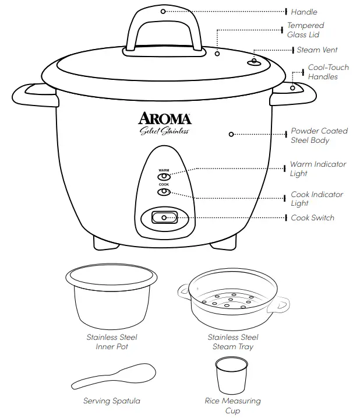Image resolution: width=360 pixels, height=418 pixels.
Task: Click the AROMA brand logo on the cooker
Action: point(164,118)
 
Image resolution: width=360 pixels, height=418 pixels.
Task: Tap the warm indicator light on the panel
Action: point(164,176)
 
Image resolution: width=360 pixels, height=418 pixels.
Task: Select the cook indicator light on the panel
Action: point(164,191)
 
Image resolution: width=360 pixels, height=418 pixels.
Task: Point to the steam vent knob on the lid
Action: point(255,62)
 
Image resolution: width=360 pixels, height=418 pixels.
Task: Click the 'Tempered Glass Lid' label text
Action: point(306,30)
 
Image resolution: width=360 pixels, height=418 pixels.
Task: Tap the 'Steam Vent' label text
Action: point(317,50)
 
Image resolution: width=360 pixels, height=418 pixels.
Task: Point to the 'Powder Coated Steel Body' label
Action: point(319,136)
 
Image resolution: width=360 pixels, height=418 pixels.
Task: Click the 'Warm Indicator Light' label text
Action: point(317,169)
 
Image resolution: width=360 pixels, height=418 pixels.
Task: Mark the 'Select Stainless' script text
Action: point(164,131)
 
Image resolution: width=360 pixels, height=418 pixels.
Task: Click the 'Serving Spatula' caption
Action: point(112,401)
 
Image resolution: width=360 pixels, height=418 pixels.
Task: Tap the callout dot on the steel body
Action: point(231,134)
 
